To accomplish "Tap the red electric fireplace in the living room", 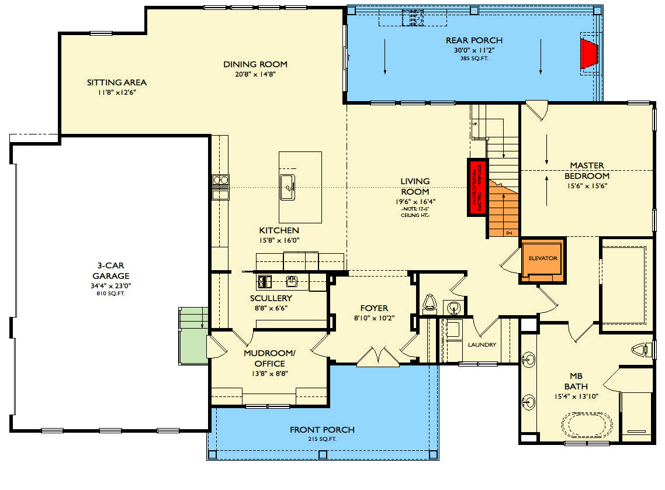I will click(477, 188).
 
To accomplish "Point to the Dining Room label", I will click(255, 64).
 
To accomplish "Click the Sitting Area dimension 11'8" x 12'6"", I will click(117, 92).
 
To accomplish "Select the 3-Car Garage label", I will click(110, 271).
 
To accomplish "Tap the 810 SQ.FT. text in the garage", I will click(110, 294).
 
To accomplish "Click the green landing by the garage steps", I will click(193, 345).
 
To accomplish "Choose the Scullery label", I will click(271, 298).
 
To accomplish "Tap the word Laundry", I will click(482, 344).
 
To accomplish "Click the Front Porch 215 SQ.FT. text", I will click(322, 439).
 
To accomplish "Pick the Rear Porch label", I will click(474, 40).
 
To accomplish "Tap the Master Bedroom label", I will click(587, 171).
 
